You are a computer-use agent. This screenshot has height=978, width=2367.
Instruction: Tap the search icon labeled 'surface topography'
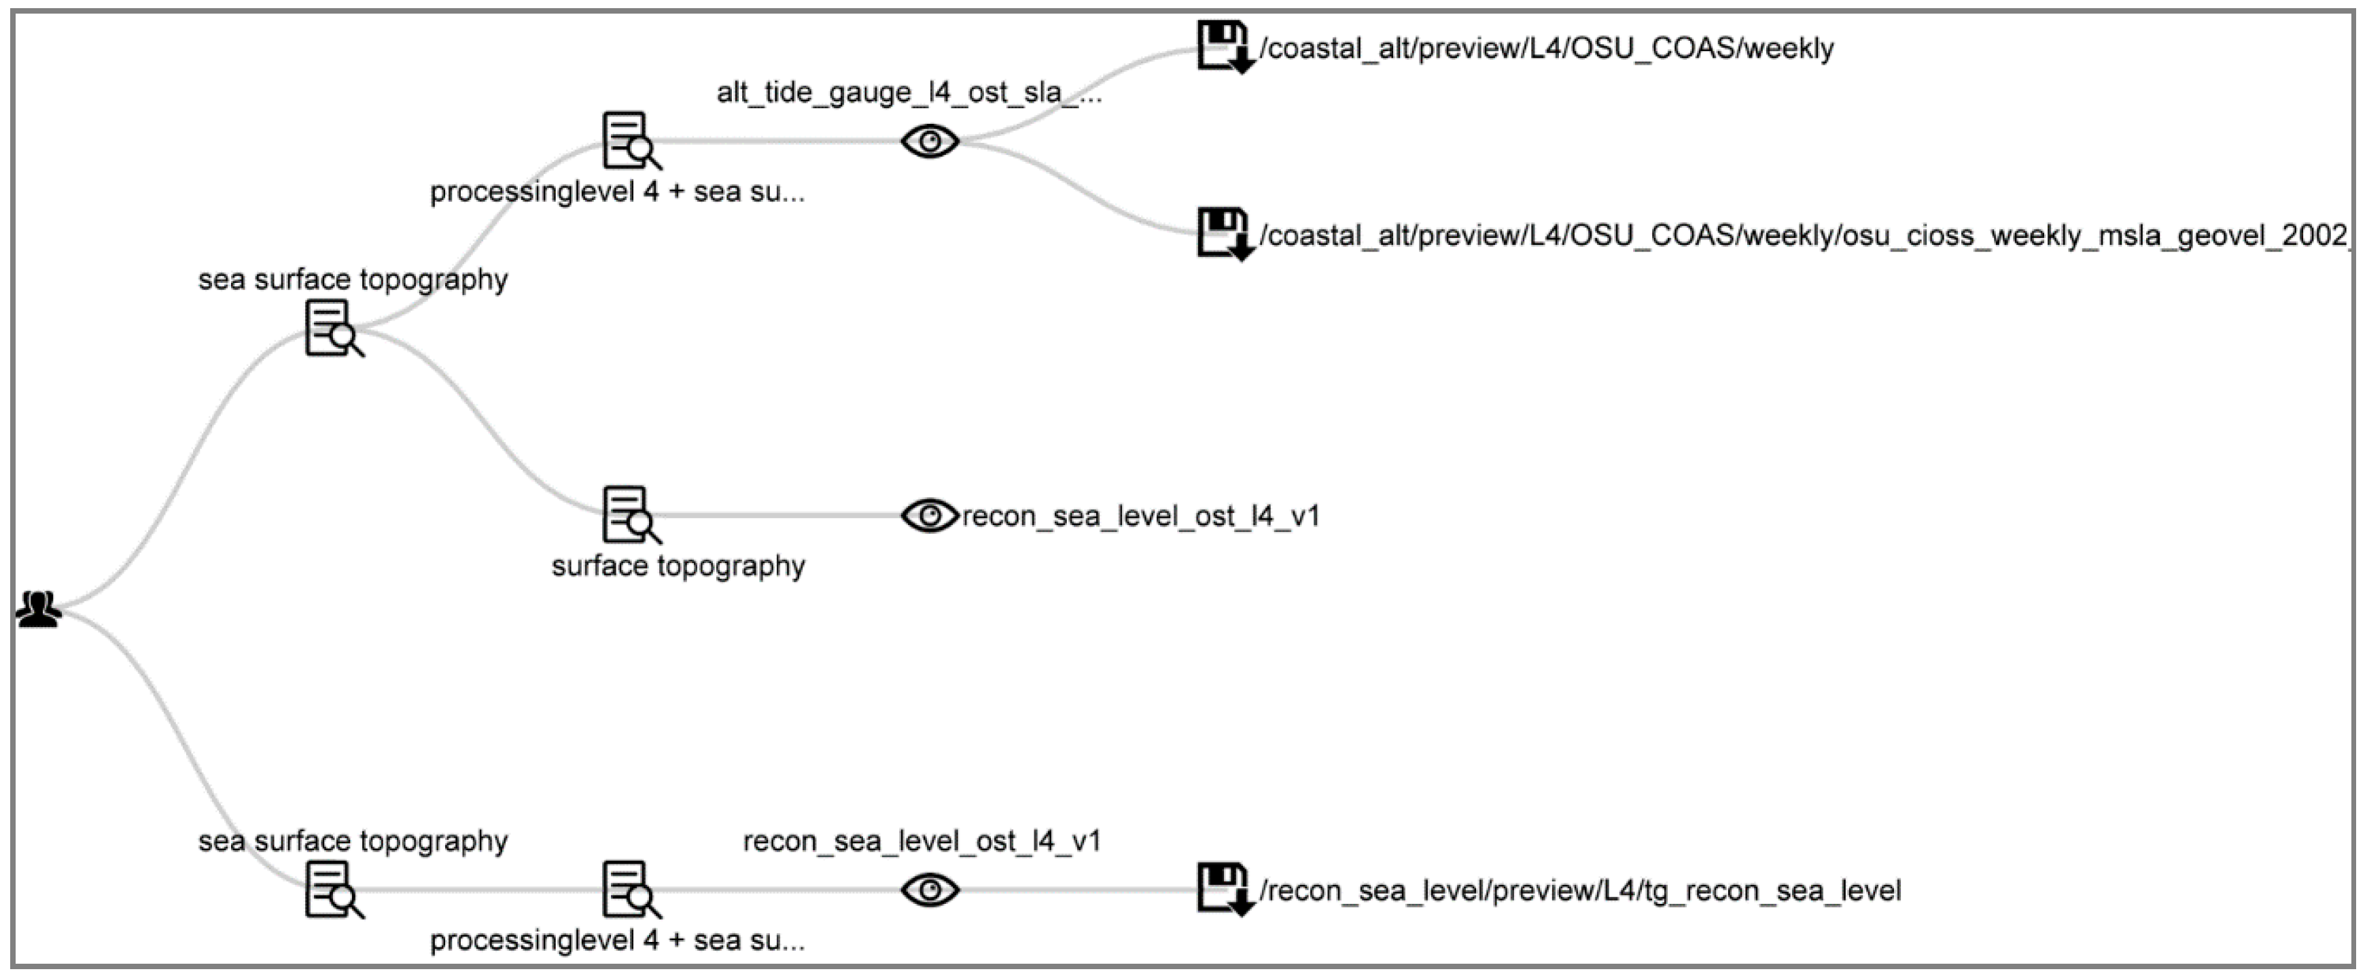coord(631,515)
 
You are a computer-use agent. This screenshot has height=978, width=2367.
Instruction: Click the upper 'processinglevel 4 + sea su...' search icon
coord(631,141)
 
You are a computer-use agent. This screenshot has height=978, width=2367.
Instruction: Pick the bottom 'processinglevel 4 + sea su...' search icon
coord(631,889)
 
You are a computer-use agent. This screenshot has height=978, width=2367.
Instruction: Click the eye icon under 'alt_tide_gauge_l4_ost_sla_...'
coord(930,141)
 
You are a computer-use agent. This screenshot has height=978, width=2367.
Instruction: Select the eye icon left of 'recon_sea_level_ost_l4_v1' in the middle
coord(930,515)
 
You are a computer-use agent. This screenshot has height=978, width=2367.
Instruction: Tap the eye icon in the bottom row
coord(930,889)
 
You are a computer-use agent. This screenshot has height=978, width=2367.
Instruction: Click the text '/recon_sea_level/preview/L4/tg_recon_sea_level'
coord(1579,891)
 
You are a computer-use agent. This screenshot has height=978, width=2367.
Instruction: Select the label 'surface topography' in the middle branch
coord(678,565)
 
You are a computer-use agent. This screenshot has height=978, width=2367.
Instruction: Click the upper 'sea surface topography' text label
coord(353,280)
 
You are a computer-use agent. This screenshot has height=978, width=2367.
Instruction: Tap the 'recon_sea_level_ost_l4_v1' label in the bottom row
coord(922,841)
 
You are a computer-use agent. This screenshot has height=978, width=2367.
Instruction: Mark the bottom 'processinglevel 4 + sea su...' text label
coord(618,941)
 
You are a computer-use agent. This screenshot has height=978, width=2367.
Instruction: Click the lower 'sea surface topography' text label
coord(353,841)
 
